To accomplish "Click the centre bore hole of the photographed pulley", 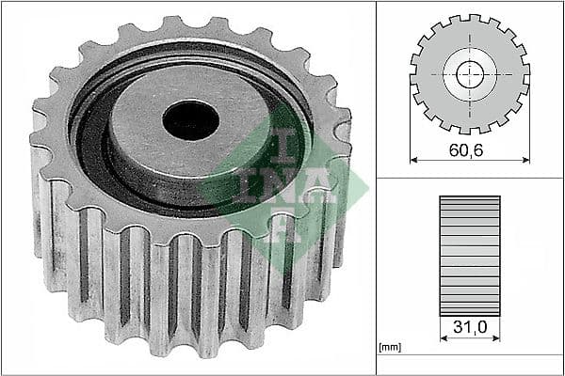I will click(190, 118).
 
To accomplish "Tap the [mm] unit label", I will click(389, 348).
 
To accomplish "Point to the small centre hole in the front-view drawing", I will click(469, 74).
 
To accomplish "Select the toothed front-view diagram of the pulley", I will click(469, 74).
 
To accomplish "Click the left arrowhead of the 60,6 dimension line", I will click(414, 160).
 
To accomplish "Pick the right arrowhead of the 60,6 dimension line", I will click(525, 160).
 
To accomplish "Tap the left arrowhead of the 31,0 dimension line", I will click(443, 340).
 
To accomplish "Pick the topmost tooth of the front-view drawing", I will click(469, 19).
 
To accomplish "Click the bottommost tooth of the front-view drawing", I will click(469, 130).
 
